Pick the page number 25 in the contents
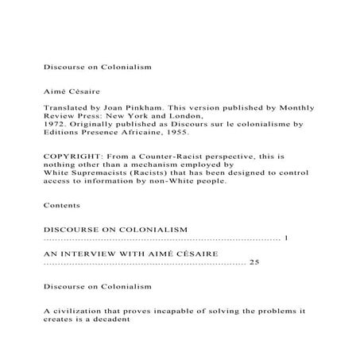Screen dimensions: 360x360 254,261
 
